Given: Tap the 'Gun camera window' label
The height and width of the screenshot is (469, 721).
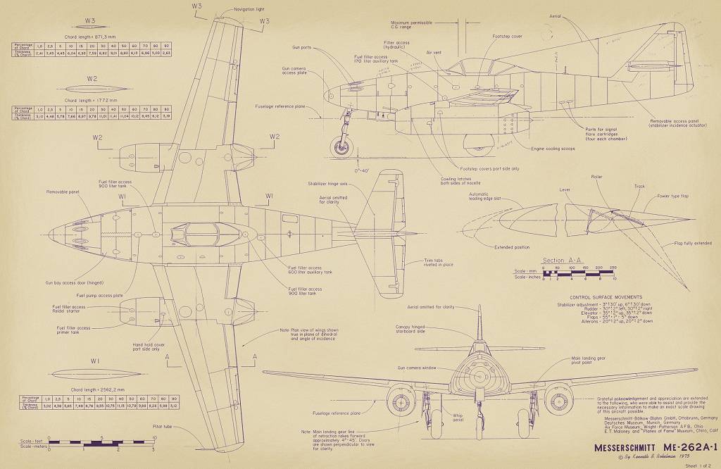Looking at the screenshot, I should [x=417, y=368].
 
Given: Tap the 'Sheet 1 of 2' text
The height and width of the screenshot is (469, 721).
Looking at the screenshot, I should [x=698, y=465].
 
